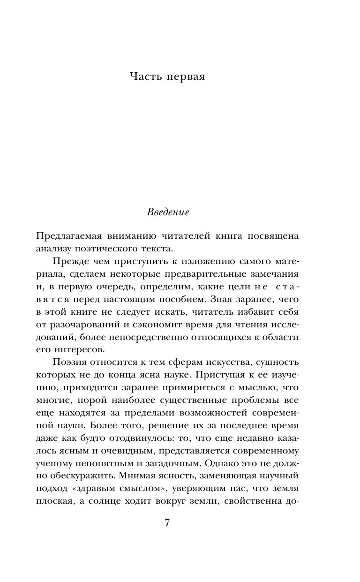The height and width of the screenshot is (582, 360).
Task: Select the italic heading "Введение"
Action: tap(168, 212)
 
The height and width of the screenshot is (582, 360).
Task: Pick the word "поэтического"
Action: tap(115, 249)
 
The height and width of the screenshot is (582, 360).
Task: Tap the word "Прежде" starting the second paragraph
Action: tap(69, 261)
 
